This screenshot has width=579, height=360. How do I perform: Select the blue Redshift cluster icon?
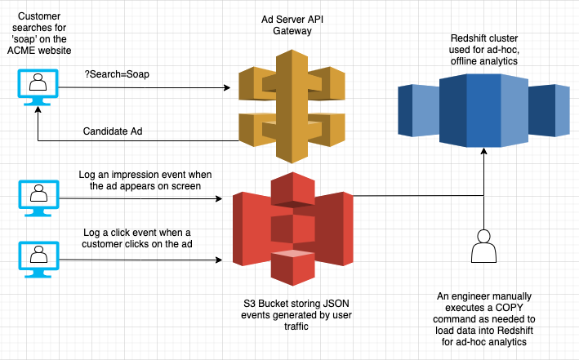[483, 105]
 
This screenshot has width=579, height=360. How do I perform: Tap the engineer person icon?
[484, 246]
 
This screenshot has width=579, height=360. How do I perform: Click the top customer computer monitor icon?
[36, 87]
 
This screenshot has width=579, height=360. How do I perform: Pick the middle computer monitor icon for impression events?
[36, 197]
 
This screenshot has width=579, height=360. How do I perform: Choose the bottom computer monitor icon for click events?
[36, 257]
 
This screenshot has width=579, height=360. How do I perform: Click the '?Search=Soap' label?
[116, 74]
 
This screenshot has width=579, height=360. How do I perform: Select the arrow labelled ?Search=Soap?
[147, 87]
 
